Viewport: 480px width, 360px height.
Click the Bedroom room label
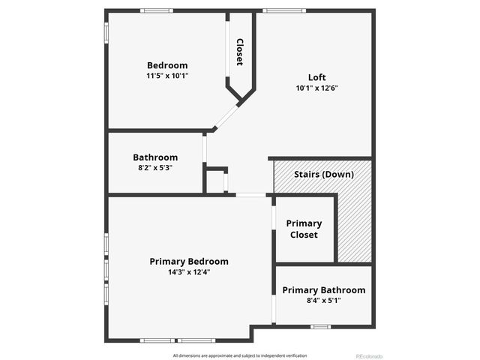[x=167, y=65]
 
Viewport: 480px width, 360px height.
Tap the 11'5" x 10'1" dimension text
[x=167, y=76]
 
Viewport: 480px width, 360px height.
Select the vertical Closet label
[x=240, y=52]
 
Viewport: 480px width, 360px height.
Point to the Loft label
[x=317, y=77]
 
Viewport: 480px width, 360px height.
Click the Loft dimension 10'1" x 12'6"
[x=317, y=88]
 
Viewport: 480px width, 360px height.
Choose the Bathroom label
[x=155, y=157]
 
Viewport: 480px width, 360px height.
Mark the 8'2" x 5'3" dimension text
[x=155, y=168]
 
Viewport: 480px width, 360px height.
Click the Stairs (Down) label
[x=323, y=175]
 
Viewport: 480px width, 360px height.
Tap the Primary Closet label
[x=304, y=229]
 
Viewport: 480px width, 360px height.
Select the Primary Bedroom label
[x=189, y=262]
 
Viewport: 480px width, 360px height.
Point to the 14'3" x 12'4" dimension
[x=189, y=272]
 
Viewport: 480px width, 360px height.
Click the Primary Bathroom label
[x=324, y=290]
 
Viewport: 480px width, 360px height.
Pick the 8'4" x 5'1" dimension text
[x=324, y=301]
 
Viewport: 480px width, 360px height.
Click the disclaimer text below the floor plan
[x=240, y=355]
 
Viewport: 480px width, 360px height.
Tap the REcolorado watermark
[x=369, y=355]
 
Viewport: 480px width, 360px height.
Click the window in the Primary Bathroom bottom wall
[x=321, y=326]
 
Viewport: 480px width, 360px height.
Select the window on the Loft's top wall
[x=284, y=10]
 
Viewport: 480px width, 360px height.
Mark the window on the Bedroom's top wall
[x=157, y=10]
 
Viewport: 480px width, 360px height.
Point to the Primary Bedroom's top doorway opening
[x=250, y=195]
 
